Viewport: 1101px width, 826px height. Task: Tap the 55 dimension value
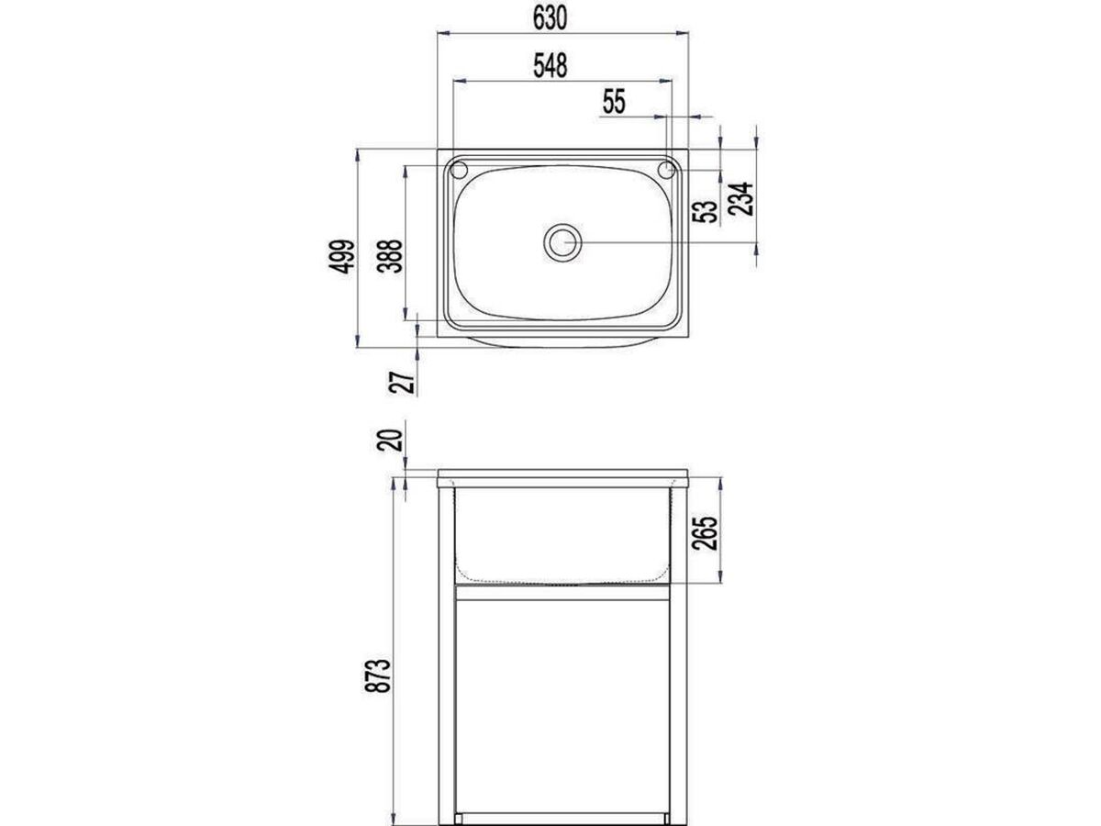pos(613,102)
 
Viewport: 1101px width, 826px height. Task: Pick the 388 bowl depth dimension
pos(390,259)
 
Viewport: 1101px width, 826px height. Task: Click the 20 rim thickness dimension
pos(390,440)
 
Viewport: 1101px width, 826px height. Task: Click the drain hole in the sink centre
pos(562,242)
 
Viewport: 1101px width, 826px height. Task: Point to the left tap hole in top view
pos(458,170)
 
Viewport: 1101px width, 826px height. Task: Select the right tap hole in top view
pos(668,170)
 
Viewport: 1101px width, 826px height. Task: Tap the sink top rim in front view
pos(562,476)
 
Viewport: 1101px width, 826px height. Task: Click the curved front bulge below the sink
pos(562,342)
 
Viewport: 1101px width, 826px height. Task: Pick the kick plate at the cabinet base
pos(562,816)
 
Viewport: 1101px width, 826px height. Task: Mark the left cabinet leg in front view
pos(447,661)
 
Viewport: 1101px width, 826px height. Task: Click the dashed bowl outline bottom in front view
pos(562,581)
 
